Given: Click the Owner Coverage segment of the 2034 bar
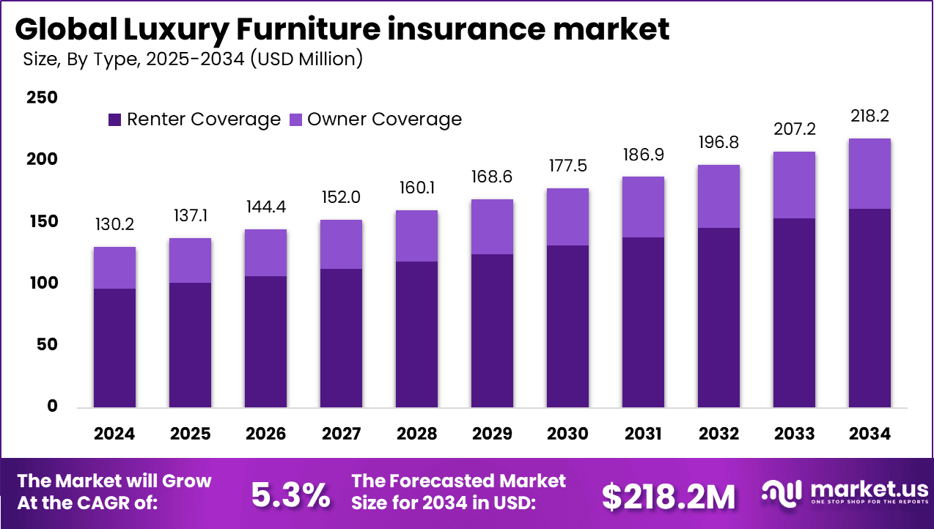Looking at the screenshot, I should [869, 174].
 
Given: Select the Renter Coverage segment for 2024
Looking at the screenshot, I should [114, 347].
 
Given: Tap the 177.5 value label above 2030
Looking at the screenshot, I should [567, 166].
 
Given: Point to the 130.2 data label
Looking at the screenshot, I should [114, 225].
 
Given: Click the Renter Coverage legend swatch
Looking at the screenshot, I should [115, 119].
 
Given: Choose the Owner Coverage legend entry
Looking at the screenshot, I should [384, 119].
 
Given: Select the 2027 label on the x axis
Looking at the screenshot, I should [341, 434].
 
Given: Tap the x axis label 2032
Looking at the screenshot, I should [718, 434].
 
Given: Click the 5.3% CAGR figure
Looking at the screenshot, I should [290, 495].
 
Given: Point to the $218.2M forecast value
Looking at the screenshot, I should [668, 497].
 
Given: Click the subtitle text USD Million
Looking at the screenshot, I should [306, 59].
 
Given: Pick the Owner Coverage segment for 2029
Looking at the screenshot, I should [492, 226].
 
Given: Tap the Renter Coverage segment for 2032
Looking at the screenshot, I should [718, 317].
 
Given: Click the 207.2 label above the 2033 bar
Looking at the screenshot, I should [794, 130].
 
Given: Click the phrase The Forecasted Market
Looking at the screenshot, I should [459, 481].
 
